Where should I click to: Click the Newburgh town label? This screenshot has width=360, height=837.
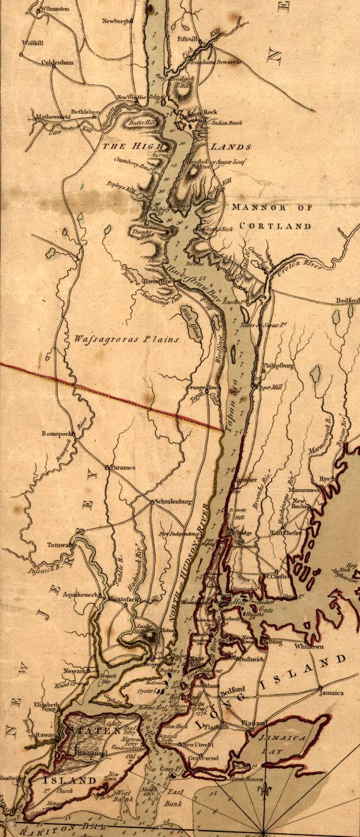tap(118, 21)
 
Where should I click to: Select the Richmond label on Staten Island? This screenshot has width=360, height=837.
tap(87, 753)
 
